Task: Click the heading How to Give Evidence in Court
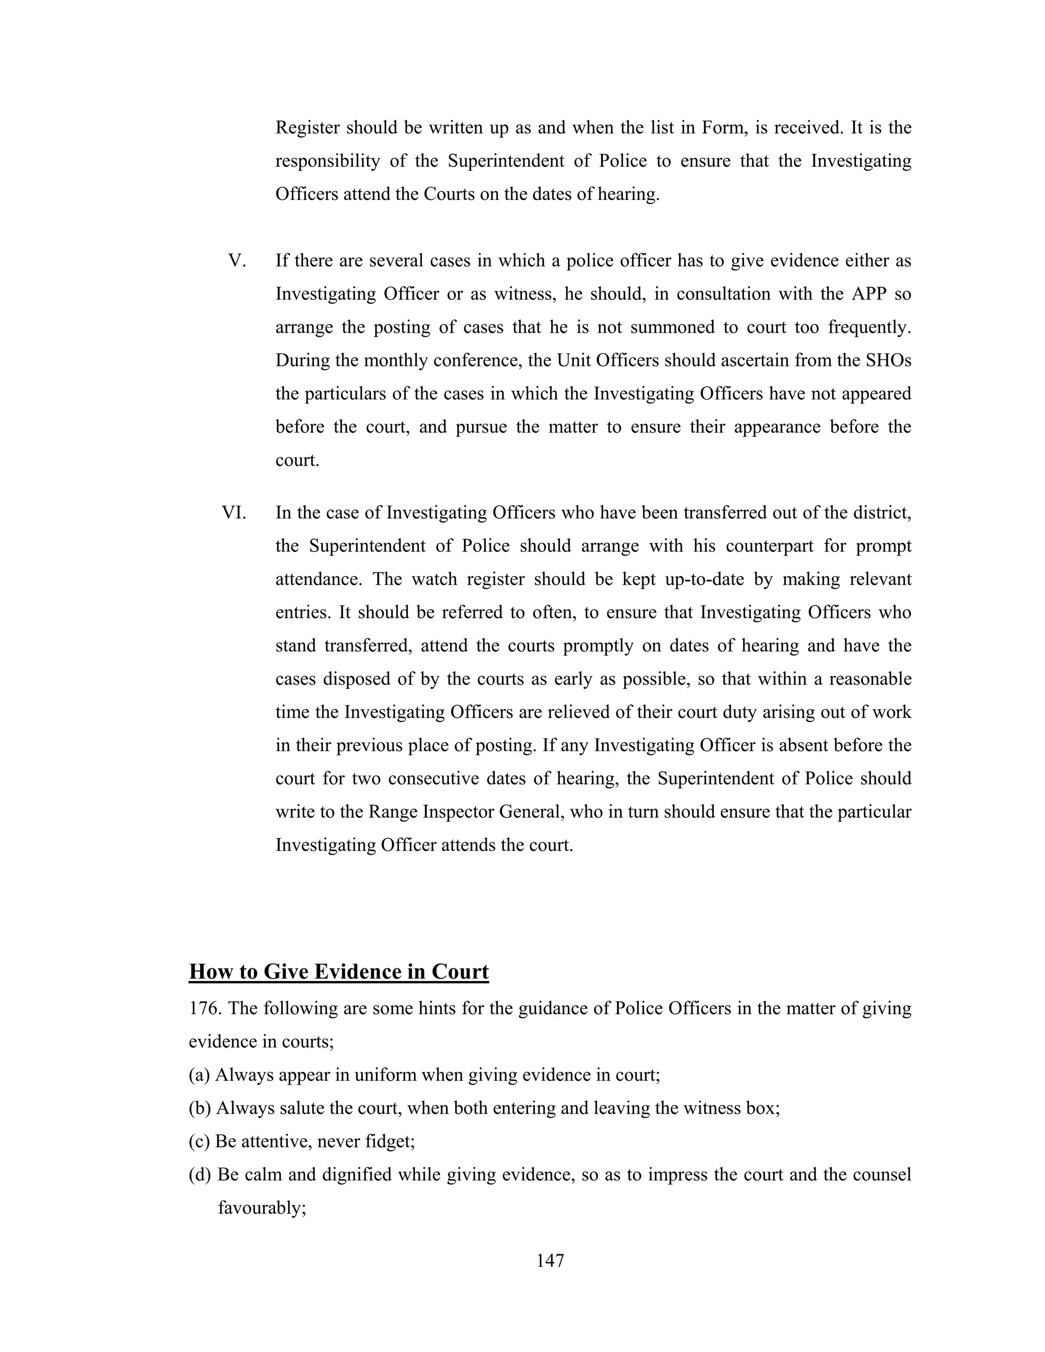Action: click(339, 971)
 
